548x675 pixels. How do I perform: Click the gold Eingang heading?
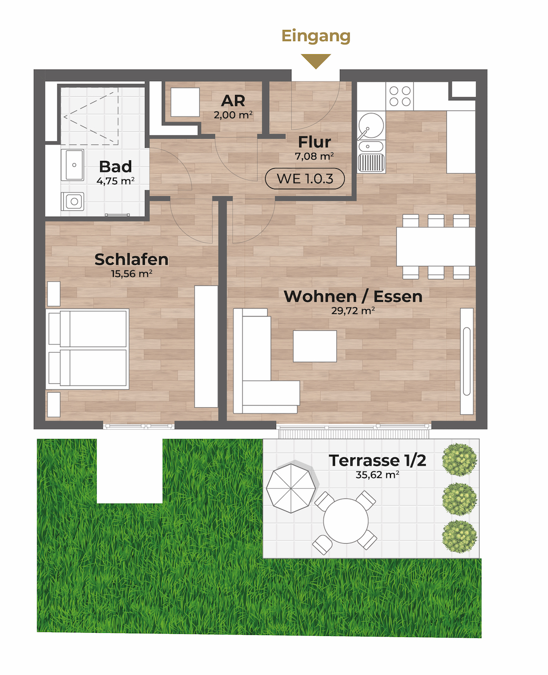[316, 36]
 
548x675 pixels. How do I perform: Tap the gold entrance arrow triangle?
[316, 60]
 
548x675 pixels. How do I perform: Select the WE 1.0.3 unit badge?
[305, 179]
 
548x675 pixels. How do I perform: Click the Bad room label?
[115, 166]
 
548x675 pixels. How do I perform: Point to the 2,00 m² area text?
[233, 114]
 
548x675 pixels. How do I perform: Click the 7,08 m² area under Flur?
[315, 156]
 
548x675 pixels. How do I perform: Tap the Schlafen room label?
[131, 259]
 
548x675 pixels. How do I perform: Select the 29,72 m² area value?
[353, 311]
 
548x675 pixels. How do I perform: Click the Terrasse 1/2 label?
[377, 460]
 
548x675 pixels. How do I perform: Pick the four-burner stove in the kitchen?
[399, 96]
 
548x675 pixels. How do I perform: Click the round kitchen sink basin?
[371, 126]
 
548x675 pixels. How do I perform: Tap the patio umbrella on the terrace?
[291, 488]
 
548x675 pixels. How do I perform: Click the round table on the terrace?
[346, 520]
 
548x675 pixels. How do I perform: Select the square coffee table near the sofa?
[315, 346]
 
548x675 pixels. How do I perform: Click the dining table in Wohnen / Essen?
[436, 247]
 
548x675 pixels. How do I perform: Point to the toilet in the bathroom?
[73, 201]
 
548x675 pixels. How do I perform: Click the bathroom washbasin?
[73, 165]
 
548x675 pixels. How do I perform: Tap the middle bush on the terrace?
[459, 499]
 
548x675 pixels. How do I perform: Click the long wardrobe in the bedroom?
[206, 346]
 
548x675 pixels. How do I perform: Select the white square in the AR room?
[185, 102]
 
